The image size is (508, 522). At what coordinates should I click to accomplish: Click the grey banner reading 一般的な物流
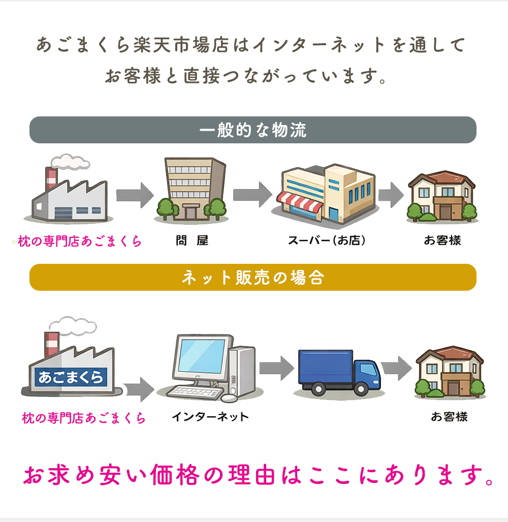click(252, 130)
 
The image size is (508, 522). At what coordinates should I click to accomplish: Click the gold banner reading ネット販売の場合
click(252, 278)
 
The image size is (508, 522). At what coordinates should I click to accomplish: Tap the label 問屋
click(192, 241)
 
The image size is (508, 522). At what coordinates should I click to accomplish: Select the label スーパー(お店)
click(327, 241)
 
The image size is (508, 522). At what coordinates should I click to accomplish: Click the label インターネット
click(210, 417)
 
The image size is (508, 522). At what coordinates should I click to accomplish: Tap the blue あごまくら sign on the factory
click(71, 377)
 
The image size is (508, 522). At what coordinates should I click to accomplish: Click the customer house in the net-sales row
click(449, 372)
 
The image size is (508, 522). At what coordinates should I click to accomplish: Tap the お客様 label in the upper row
click(442, 241)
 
